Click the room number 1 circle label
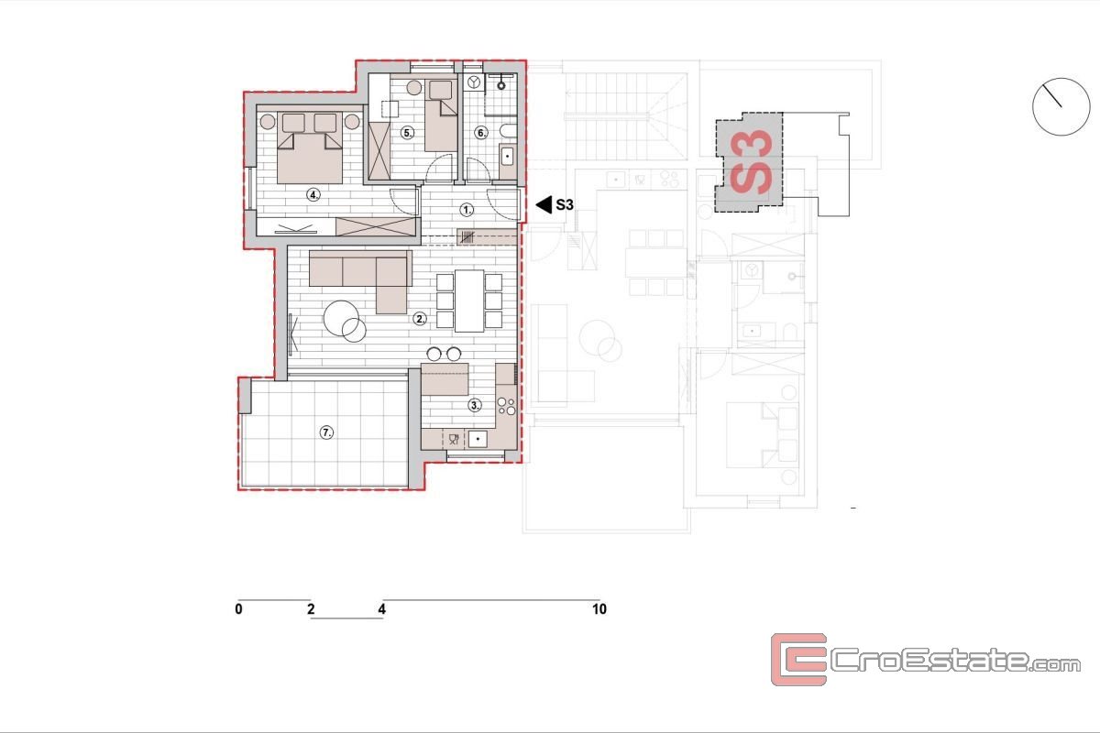point(467,210)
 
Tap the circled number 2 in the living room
point(420,319)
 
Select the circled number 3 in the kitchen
point(475,405)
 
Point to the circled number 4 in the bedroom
point(313,195)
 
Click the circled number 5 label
point(407,133)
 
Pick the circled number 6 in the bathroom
point(481,133)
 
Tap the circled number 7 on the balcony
point(326,432)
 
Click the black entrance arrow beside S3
point(544,204)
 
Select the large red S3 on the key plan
point(751,162)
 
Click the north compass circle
point(1061,106)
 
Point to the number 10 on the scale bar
point(599,609)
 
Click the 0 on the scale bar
point(238,609)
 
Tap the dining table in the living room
point(469,301)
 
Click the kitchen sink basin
point(478,438)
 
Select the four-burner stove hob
point(506,406)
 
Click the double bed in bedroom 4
point(310,148)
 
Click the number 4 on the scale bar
point(382,609)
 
